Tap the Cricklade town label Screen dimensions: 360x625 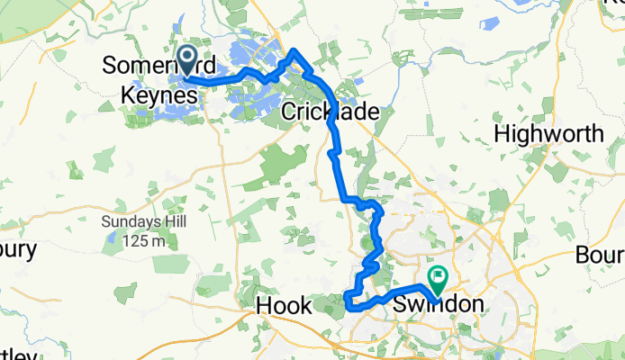point(329,112)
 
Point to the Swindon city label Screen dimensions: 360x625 point(439,305)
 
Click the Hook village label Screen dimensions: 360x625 point(283,306)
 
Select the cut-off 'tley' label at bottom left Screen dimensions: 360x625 point(19,354)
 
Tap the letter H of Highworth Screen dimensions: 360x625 point(503,134)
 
